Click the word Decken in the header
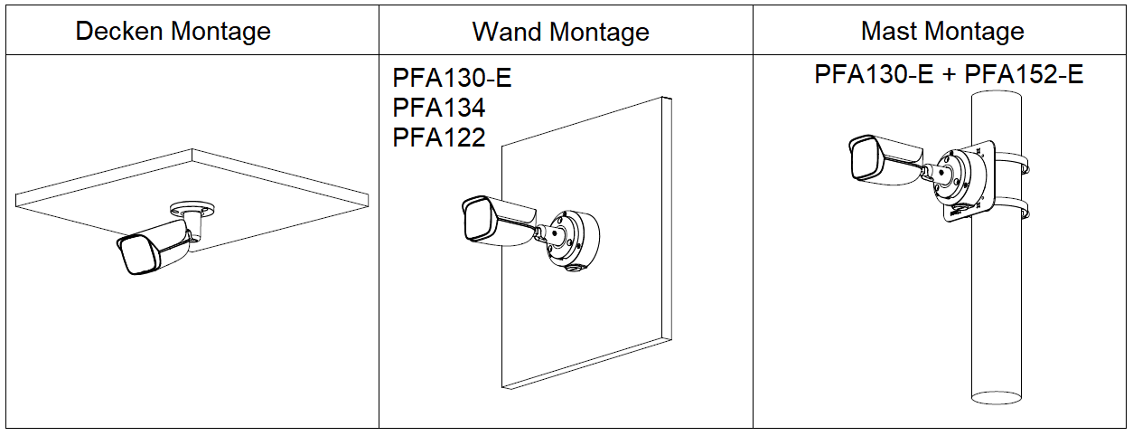118,31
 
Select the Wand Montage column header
560,32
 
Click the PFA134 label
439,108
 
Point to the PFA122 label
439,137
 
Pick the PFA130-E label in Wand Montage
452,78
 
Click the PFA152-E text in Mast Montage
1024,74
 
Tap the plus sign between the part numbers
949,75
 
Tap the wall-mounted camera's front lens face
475,221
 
